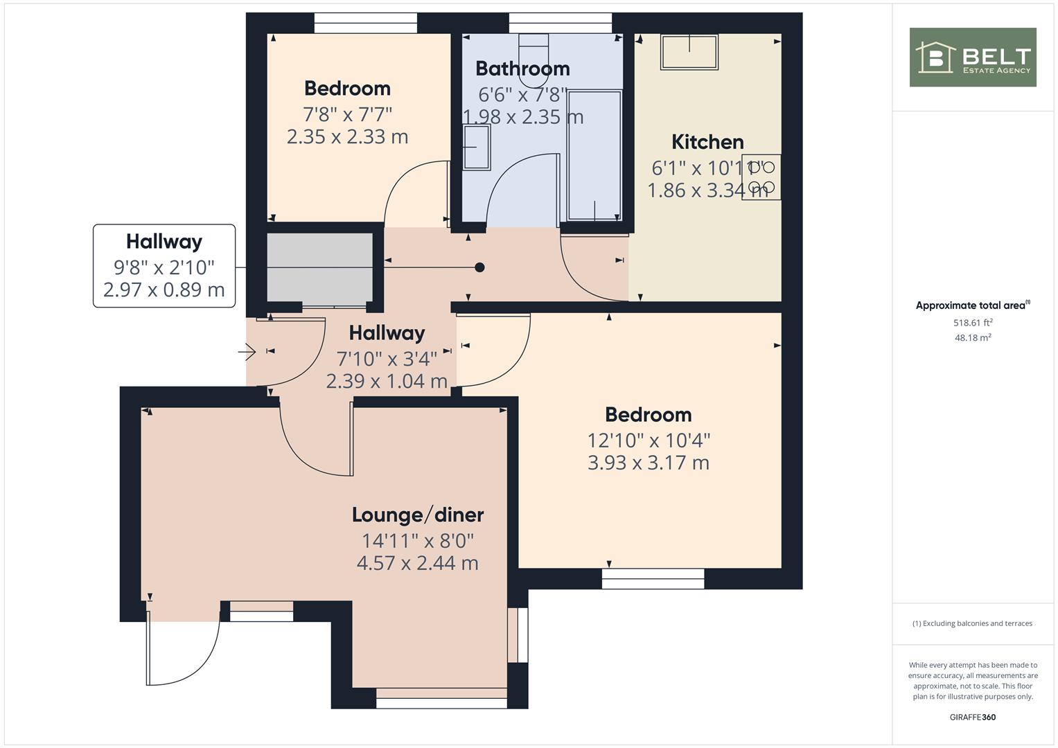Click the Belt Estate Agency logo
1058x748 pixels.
pyautogui.click(x=973, y=57)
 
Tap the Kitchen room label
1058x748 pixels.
pyautogui.click(x=707, y=142)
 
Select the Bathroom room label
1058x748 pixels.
pyautogui.click(x=522, y=69)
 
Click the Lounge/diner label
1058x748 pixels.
pyautogui.click(x=418, y=515)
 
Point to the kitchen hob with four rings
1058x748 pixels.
pyautogui.click(x=761, y=177)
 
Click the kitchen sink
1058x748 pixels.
pyautogui.click(x=689, y=52)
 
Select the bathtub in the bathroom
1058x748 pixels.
pyautogui.click(x=594, y=156)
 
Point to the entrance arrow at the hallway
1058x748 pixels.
pyautogui.click(x=247, y=352)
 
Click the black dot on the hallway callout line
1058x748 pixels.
pyautogui.click(x=479, y=268)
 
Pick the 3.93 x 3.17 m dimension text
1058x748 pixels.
pyautogui.click(x=648, y=463)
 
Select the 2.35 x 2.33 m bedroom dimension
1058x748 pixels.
pyautogui.click(x=347, y=137)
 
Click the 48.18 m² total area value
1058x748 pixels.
pyautogui.click(x=973, y=338)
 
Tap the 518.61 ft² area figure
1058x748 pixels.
pyautogui.click(x=973, y=323)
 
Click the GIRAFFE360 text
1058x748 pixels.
pyautogui.click(x=973, y=718)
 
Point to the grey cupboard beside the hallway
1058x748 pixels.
pyautogui.click(x=320, y=268)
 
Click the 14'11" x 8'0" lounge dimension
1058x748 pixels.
pyautogui.click(x=418, y=541)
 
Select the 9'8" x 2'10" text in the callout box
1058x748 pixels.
pyautogui.click(x=164, y=268)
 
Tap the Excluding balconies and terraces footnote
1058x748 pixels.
pyautogui.click(x=973, y=623)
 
